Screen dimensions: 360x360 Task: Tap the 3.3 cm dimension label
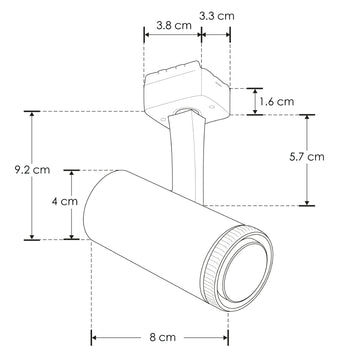pyautogui.click(x=218, y=16)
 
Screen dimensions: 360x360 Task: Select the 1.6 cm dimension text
pyautogui.click(x=276, y=101)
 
